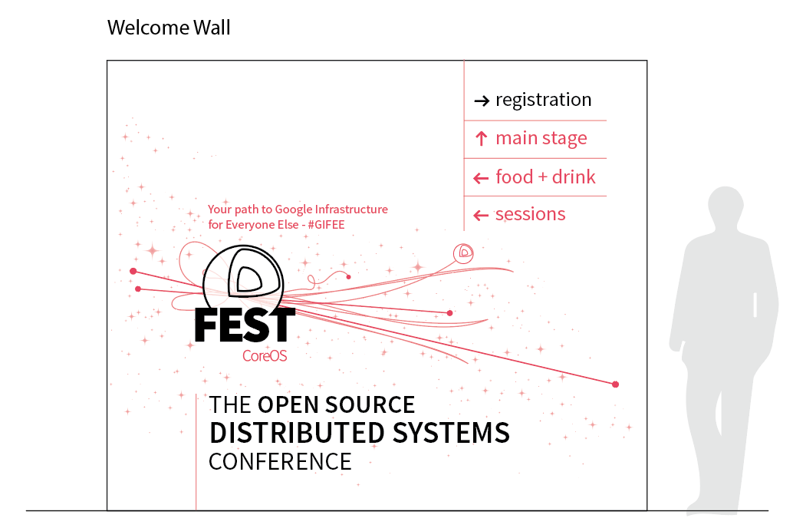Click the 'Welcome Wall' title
click(169, 28)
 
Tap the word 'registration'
click(543, 100)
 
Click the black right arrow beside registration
click(482, 101)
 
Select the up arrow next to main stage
click(482, 138)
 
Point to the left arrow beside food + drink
click(480, 178)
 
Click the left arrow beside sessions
click(480, 216)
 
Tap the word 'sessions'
click(530, 214)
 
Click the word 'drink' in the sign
click(574, 177)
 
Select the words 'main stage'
click(541, 138)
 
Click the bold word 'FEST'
click(245, 325)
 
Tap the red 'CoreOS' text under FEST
click(265, 356)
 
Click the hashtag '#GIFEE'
click(326, 225)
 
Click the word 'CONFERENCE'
click(280, 462)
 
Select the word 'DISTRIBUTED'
click(298, 433)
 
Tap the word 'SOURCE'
click(370, 405)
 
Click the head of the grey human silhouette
click(726, 206)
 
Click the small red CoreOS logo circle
click(463, 253)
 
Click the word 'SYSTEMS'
click(451, 433)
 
